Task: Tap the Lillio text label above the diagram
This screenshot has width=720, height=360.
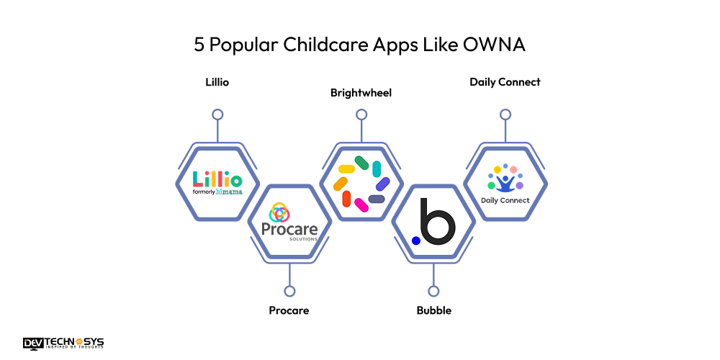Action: (x=217, y=82)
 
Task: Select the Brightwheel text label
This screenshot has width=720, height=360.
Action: (x=361, y=93)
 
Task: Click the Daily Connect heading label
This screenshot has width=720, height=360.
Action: (x=505, y=82)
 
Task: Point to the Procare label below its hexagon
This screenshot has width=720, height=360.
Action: (x=289, y=311)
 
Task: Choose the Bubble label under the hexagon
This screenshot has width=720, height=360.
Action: (x=433, y=311)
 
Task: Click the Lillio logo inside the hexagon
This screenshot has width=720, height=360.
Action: (x=217, y=180)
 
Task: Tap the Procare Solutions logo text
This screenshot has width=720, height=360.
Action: (x=289, y=230)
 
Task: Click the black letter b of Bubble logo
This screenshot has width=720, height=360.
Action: (x=437, y=222)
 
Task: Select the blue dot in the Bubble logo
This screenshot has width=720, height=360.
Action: (x=415, y=240)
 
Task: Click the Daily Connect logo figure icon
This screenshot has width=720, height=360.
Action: (x=505, y=180)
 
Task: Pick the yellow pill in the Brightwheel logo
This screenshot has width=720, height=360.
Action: (x=346, y=169)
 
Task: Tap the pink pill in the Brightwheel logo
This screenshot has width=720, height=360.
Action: (x=361, y=205)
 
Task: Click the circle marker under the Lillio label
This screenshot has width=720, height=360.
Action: (x=217, y=114)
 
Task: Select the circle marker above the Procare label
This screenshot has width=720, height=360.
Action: (x=289, y=291)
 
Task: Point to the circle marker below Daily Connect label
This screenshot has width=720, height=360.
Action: (x=505, y=114)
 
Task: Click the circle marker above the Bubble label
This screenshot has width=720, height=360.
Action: (x=433, y=291)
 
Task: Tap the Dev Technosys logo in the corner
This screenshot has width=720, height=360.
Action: (x=63, y=343)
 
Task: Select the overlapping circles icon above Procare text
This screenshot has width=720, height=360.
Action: (x=279, y=213)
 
